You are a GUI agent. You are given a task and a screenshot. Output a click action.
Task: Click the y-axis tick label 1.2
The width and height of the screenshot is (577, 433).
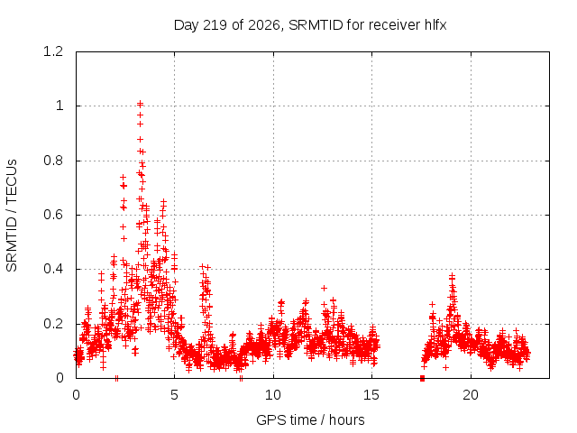click(53, 51)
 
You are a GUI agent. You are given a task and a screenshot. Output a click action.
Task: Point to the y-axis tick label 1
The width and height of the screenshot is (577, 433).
click(60, 106)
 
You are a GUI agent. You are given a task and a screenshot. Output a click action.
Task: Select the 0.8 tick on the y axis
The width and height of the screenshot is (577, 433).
click(53, 161)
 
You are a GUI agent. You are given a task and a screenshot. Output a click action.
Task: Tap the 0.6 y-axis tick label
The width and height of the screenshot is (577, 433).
click(53, 215)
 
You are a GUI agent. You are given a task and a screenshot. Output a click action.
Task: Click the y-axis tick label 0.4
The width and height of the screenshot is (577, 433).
click(53, 269)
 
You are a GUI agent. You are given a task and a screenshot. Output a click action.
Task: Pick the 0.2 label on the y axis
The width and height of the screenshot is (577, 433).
click(53, 324)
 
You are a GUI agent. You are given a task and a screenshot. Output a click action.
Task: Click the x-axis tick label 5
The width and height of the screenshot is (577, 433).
click(174, 395)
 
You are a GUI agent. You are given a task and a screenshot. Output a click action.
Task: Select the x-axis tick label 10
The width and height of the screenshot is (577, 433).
click(273, 395)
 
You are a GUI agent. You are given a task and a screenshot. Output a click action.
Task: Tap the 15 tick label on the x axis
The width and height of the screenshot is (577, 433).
click(371, 395)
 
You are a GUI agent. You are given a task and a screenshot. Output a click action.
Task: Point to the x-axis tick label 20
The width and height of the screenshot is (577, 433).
click(471, 395)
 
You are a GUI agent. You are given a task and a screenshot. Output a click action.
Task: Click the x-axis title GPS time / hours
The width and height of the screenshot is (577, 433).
click(310, 420)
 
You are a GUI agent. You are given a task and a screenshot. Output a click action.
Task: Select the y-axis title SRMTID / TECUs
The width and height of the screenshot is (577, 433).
click(12, 216)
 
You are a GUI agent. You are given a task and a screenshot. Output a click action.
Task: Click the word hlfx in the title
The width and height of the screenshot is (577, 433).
click(435, 25)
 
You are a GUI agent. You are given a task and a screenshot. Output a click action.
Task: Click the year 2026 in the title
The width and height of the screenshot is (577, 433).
click(264, 25)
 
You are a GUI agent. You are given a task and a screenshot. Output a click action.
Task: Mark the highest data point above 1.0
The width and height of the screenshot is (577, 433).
click(140, 104)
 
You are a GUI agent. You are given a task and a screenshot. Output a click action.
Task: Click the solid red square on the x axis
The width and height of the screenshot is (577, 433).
click(422, 379)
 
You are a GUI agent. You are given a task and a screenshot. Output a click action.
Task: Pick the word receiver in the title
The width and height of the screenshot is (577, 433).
click(395, 25)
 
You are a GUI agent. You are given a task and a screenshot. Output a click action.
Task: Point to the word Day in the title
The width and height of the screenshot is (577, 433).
click(187, 25)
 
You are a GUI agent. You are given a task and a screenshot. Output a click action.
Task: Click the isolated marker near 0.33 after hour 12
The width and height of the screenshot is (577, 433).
click(324, 288)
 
